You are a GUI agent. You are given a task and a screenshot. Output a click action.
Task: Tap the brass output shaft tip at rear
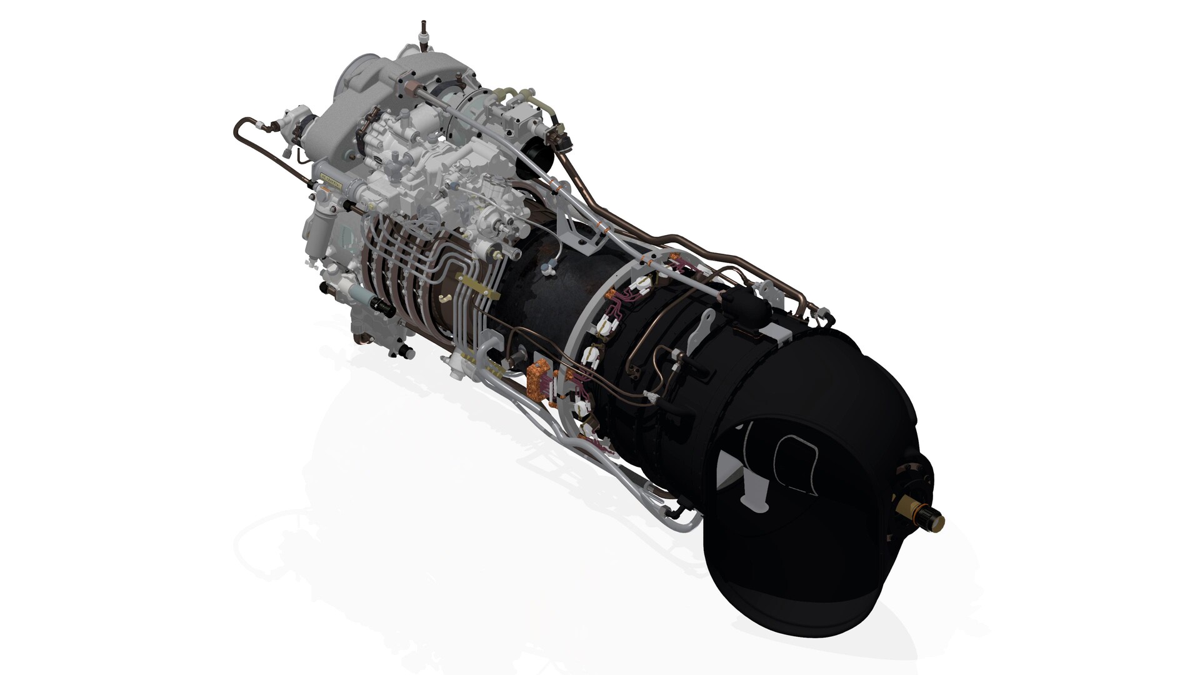click(931, 518)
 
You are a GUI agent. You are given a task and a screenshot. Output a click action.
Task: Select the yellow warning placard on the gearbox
click(330, 181)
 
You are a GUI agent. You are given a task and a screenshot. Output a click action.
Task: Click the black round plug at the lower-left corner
click(323, 287)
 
